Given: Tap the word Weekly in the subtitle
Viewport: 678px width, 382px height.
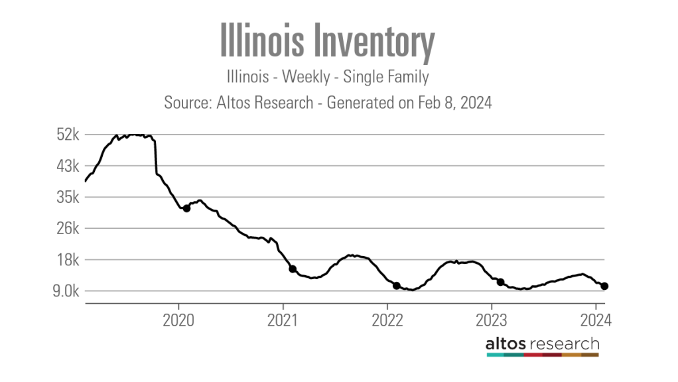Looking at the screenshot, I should click(x=306, y=77).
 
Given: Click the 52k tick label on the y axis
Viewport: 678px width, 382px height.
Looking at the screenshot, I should click(x=68, y=135).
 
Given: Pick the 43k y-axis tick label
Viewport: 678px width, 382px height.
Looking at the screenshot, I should click(x=68, y=166).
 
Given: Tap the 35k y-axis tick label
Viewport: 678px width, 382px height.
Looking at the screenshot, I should click(x=68, y=197).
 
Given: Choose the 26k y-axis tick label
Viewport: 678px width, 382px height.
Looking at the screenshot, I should click(x=68, y=228).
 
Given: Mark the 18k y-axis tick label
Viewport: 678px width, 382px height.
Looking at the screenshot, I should click(x=68, y=259).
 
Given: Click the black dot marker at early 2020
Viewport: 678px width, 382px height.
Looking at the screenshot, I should click(x=187, y=208).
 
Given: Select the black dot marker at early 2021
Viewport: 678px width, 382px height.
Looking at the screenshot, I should click(x=293, y=269).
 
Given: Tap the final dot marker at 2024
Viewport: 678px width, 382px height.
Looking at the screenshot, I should click(x=604, y=286).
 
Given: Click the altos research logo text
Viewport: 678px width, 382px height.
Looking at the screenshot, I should click(x=542, y=344).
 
